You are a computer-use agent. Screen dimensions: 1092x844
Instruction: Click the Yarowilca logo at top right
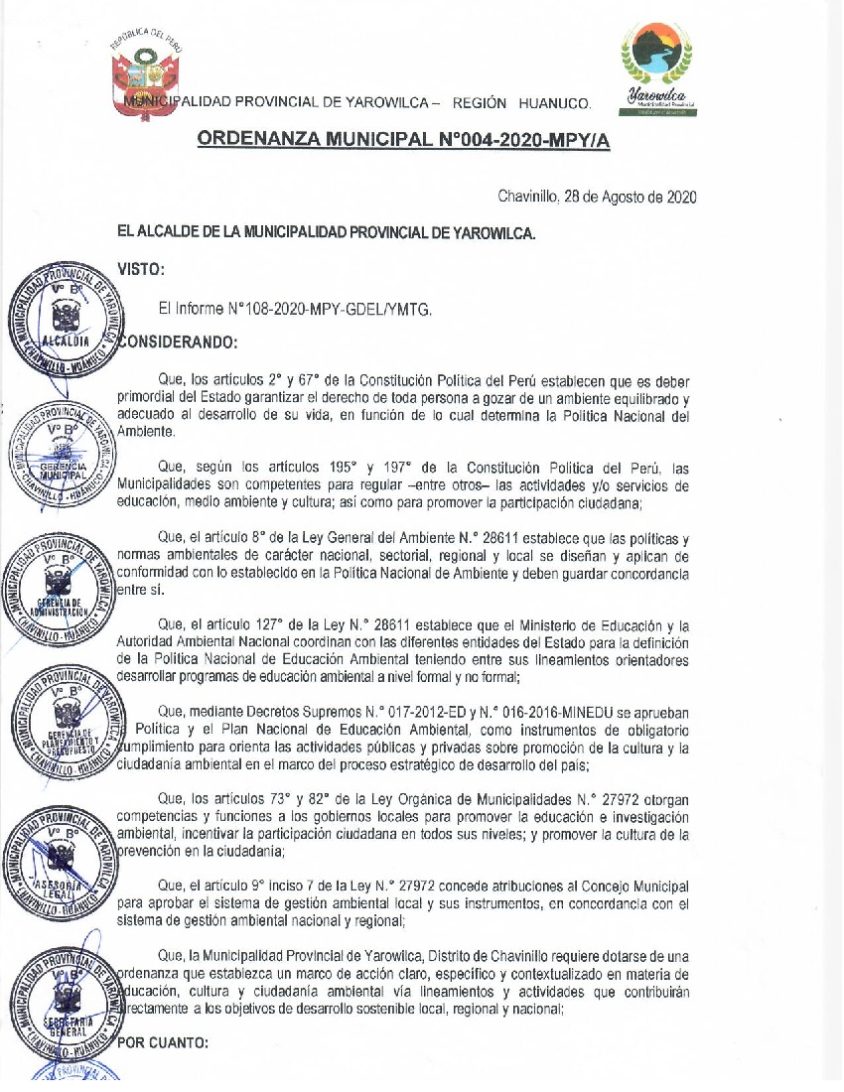point(657,68)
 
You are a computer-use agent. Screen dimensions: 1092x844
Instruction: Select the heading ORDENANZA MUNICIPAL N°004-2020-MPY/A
point(404,140)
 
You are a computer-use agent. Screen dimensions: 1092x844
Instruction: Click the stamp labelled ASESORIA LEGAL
point(62,859)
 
